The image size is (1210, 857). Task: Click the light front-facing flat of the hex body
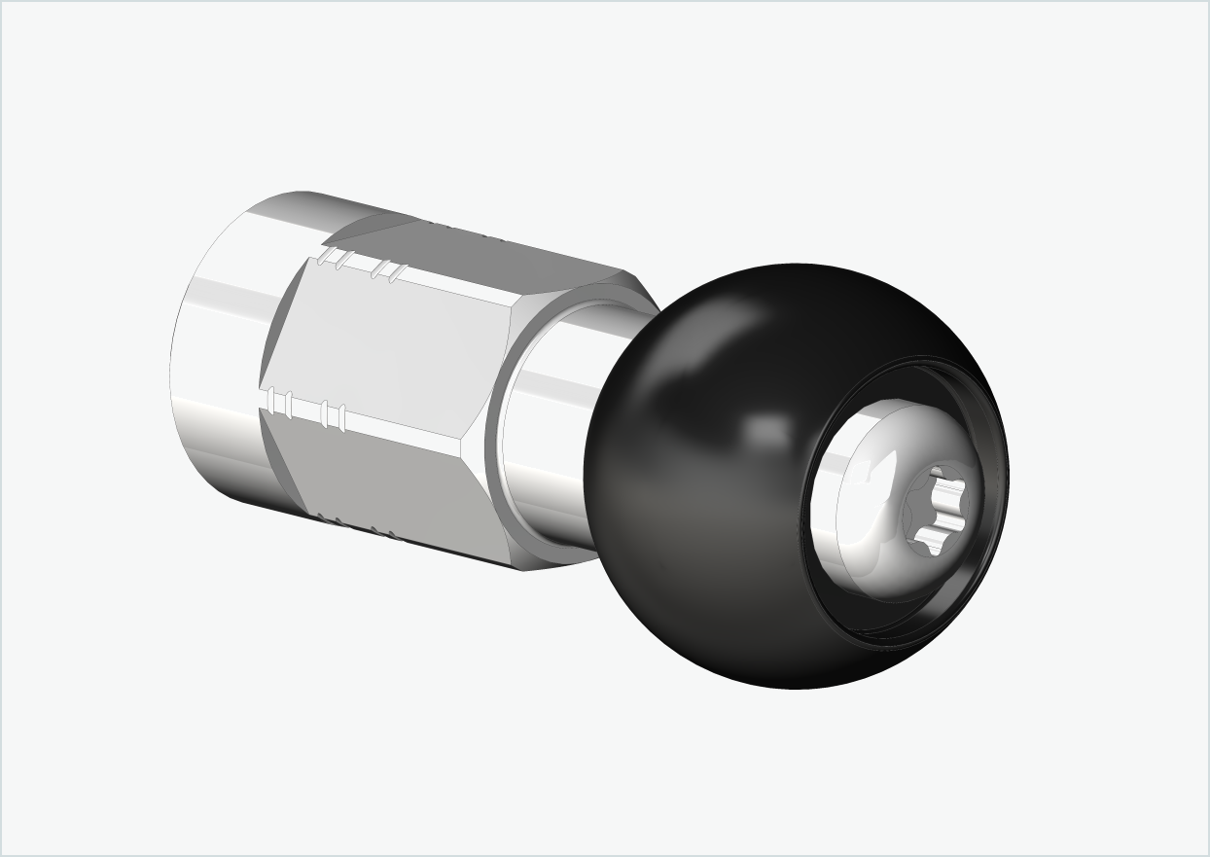pyautogui.click(x=389, y=340)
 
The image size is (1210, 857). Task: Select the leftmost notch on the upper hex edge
pyautogui.click(x=327, y=257)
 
